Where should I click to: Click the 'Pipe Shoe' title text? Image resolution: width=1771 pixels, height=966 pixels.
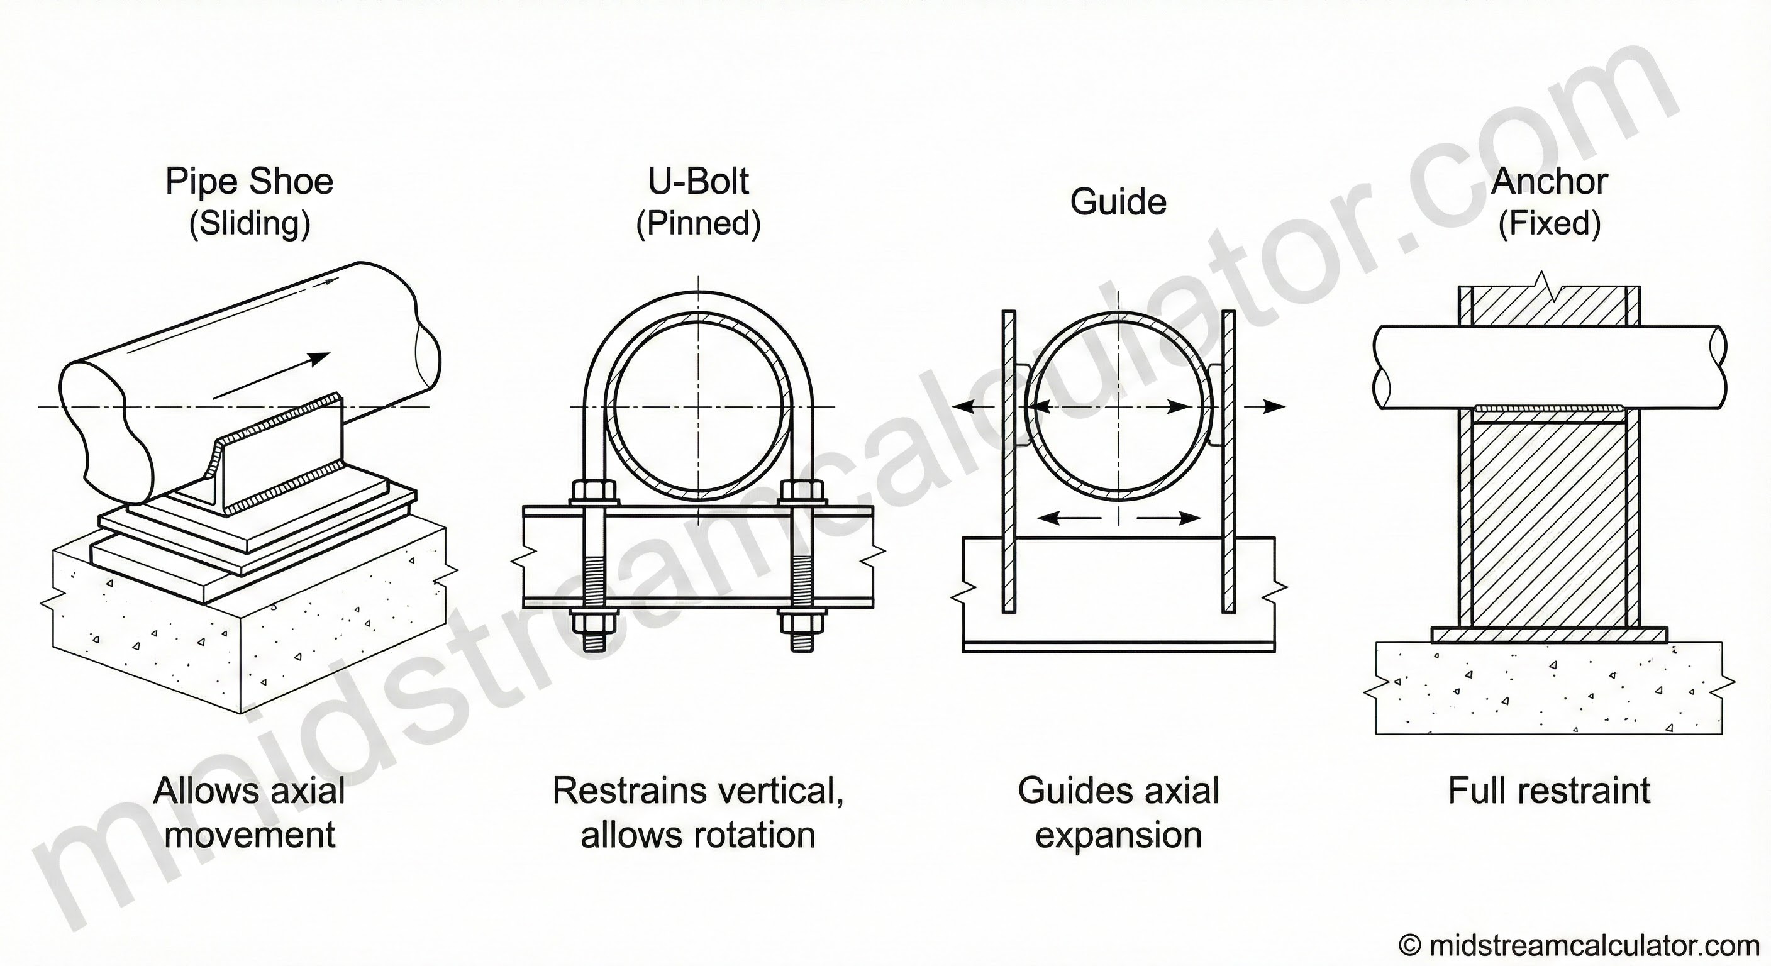click(x=250, y=182)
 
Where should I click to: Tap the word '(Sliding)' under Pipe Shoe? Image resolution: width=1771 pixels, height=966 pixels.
click(x=250, y=223)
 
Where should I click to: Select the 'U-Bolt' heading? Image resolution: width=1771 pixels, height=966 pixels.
click(x=699, y=182)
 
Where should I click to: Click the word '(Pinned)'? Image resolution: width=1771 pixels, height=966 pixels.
click(x=699, y=223)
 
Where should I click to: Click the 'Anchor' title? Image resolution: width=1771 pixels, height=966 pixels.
click(x=1550, y=182)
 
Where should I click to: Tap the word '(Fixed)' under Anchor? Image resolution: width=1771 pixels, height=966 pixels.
click(x=1550, y=223)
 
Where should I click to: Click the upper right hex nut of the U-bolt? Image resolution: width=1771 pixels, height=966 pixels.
click(x=802, y=492)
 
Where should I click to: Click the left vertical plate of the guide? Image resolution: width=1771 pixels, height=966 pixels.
click(x=1009, y=460)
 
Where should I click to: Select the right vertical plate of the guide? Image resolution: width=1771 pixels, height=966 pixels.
click(x=1228, y=460)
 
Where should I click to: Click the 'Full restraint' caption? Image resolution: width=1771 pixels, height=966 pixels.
click(x=1549, y=791)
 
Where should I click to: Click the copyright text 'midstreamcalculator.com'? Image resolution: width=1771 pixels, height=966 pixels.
click(x=1594, y=945)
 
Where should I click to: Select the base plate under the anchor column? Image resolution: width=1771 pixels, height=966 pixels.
click(x=1550, y=634)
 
